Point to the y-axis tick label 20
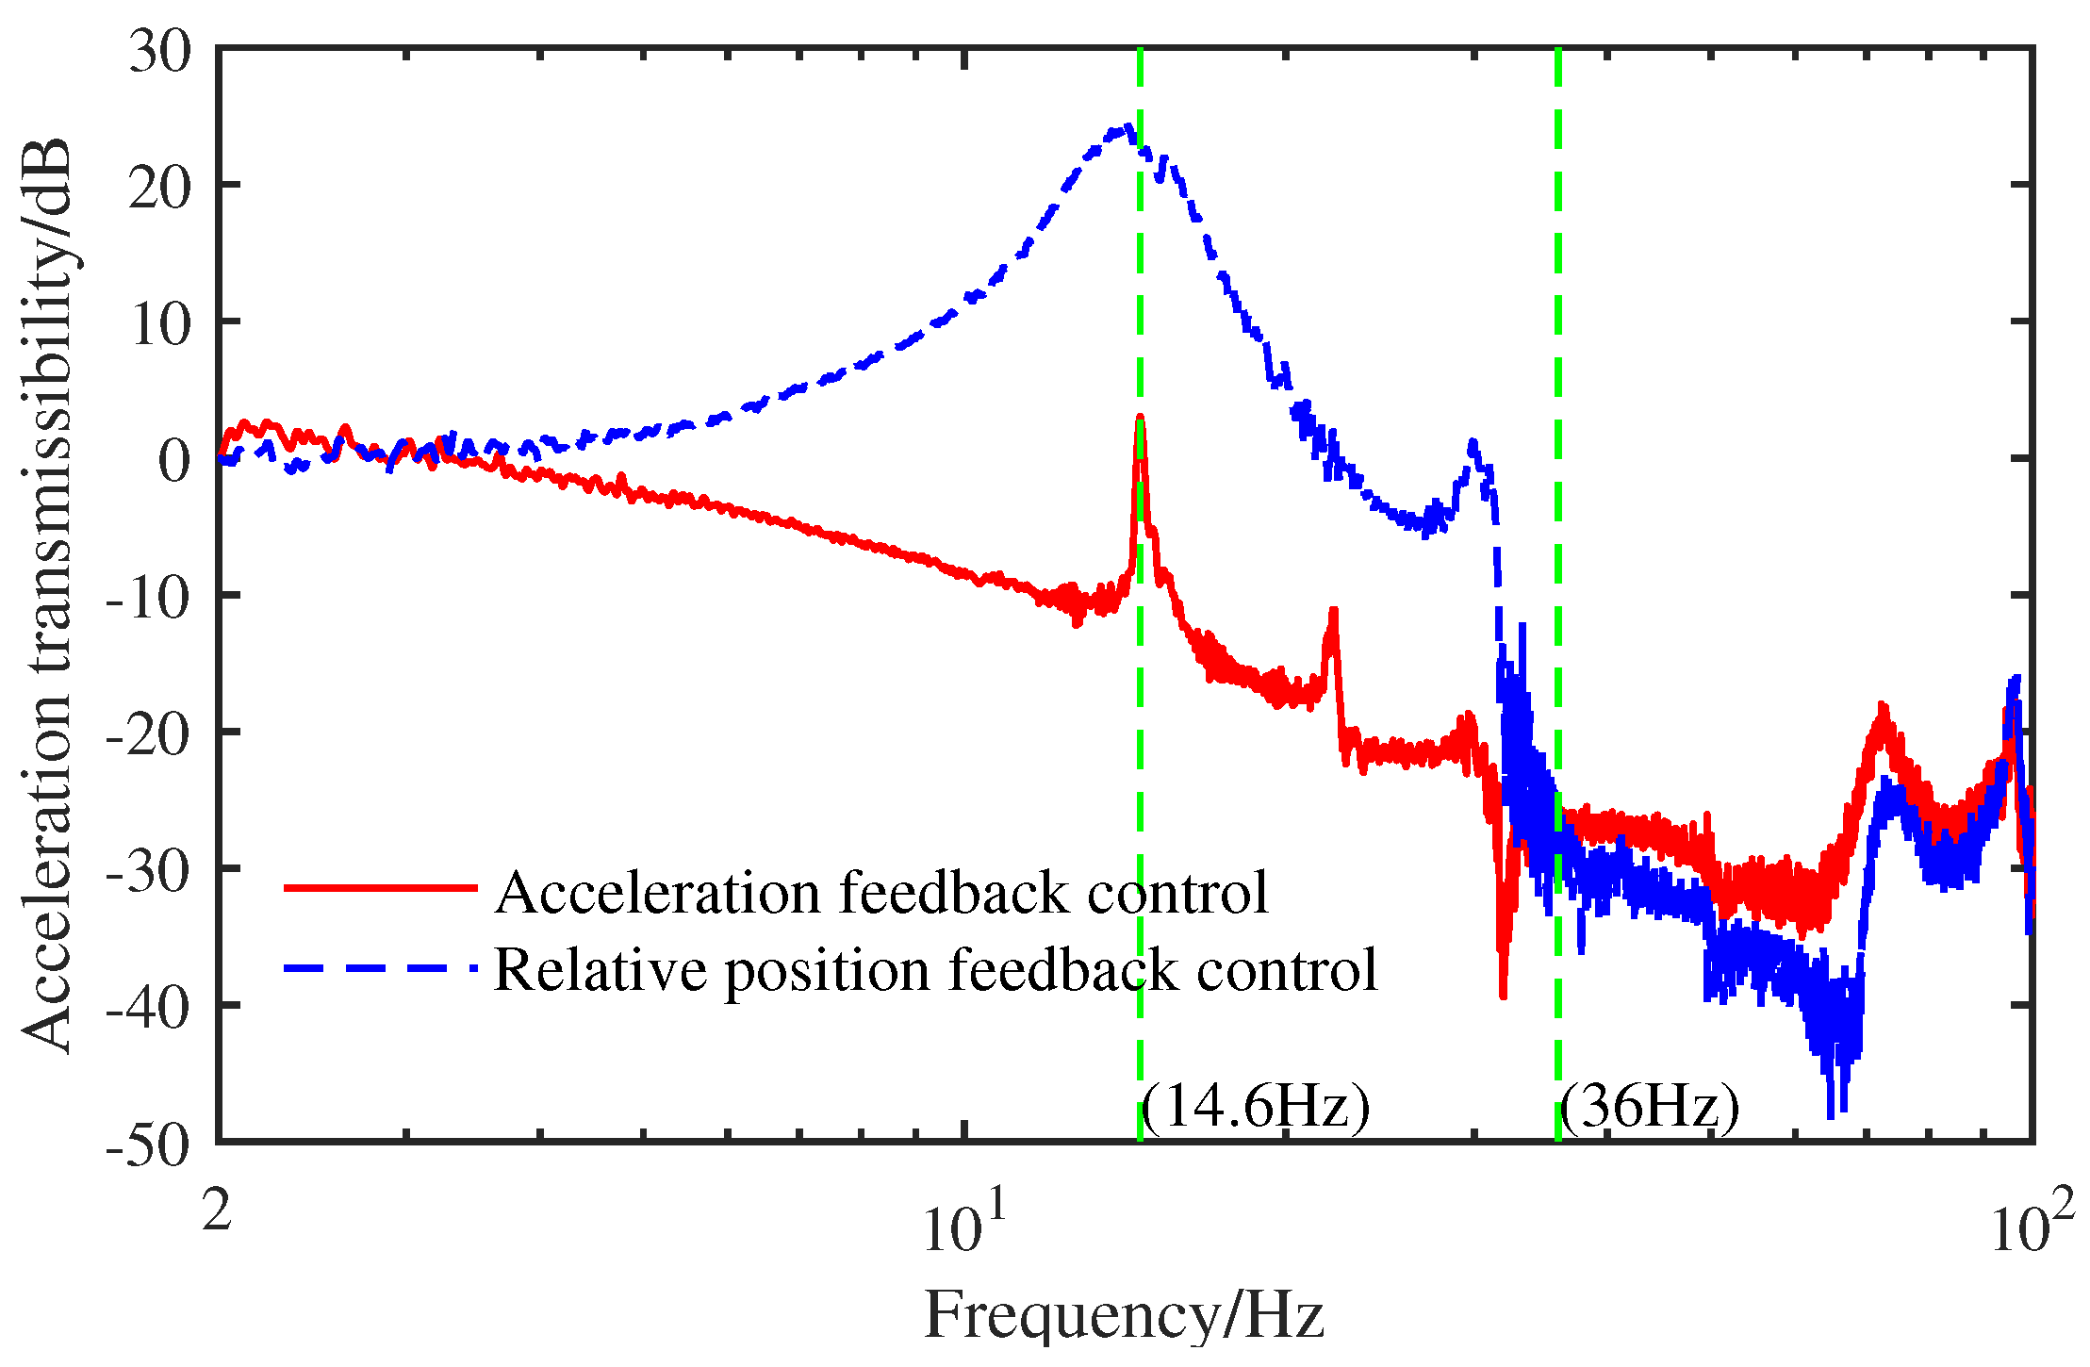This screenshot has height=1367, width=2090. pos(160,188)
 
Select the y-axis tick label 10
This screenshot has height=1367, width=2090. pos(160,324)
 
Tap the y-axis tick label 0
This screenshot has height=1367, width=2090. pos(174,461)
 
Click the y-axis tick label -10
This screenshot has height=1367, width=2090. pos(147,598)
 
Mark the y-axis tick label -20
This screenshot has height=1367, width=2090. pos(147,734)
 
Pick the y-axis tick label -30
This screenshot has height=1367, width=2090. pos(147,871)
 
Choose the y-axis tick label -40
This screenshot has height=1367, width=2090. pos(147,1008)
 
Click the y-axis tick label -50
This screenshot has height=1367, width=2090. pos(147,1145)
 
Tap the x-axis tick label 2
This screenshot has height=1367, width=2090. pos(217,1209)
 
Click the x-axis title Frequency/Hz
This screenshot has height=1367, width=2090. pos(1124,1314)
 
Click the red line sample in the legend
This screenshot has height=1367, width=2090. pos(381,887)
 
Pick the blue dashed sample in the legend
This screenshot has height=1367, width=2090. pos(381,967)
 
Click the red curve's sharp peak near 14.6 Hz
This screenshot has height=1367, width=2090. pos(1140,417)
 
